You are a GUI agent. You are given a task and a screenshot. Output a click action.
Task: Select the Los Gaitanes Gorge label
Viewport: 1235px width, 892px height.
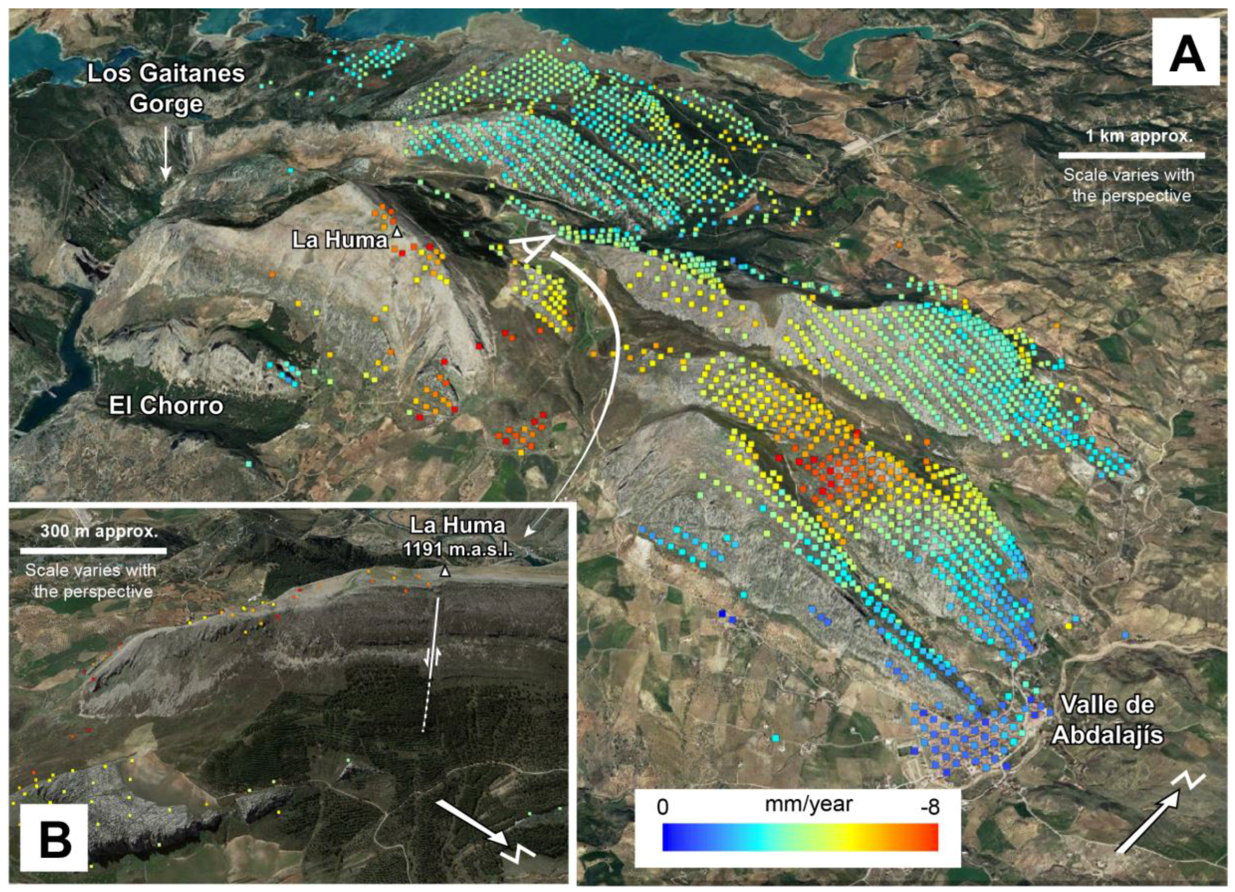coord(166,89)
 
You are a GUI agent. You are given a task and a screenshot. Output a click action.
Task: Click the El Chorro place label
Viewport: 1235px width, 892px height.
coord(166,406)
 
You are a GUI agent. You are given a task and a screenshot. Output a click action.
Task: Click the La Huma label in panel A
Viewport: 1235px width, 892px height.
coord(339,240)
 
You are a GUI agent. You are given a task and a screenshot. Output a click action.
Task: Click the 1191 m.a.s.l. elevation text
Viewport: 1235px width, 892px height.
coord(457,549)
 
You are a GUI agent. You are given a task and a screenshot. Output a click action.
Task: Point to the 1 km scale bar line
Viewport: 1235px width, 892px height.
coord(1131,155)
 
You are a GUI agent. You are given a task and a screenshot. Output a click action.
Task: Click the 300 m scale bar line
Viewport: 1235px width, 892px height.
coord(93,551)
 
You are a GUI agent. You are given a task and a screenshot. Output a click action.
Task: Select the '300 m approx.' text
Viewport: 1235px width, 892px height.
coord(99,531)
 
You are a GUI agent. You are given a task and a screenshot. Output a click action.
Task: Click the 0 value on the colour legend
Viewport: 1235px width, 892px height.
coord(662,807)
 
